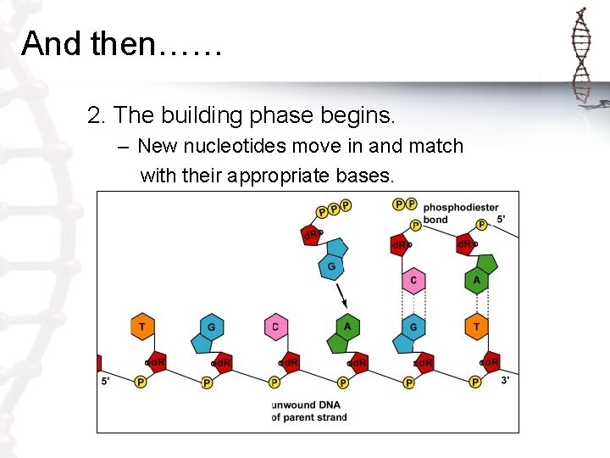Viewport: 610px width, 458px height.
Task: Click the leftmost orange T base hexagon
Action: pos(141,327)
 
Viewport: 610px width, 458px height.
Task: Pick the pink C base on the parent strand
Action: pos(275,327)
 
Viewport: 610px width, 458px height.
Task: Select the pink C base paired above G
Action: pos(413,281)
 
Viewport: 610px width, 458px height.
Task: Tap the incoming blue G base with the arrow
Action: pos(331,264)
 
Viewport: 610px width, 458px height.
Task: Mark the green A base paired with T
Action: pos(477,281)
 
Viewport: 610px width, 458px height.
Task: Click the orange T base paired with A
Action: pos(477,327)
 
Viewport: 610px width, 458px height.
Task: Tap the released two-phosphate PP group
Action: pos(405,204)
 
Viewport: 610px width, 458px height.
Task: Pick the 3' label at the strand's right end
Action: pos(505,381)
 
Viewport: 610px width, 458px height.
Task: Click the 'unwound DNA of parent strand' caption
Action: pos(306,410)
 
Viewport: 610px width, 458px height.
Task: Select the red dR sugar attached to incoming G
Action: pos(312,235)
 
